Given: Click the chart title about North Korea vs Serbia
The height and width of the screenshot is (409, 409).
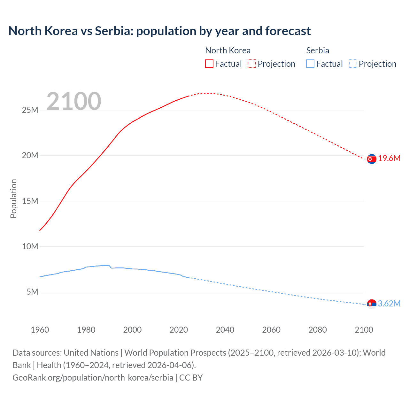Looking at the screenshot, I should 159,31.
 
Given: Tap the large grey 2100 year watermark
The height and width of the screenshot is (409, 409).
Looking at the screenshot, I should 74,101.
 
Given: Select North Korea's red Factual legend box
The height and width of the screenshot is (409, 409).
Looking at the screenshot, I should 209,64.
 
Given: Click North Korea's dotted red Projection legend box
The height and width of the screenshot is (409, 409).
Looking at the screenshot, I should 252,64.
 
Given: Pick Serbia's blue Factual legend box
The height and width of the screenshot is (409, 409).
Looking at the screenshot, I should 310,64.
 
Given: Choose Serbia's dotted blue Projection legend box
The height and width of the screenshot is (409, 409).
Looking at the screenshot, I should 353,64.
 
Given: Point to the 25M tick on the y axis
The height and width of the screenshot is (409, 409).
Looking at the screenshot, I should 30,110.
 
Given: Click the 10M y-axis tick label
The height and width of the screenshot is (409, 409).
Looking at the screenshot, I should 30,246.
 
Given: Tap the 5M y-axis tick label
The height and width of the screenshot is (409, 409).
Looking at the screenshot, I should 32,292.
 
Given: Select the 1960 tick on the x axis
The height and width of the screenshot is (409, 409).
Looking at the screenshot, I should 40,330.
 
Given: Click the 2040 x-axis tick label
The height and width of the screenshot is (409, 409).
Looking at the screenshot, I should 225,330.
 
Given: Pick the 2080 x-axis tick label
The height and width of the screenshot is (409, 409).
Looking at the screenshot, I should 318,330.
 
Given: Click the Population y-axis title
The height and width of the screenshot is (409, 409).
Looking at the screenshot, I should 13,198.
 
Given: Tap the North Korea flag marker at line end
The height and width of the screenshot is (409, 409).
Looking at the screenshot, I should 372,159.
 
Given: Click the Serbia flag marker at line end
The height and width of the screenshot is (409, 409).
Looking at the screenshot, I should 372,304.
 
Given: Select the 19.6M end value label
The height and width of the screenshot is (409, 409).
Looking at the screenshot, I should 389,158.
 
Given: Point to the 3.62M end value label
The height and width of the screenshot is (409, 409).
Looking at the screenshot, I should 389,304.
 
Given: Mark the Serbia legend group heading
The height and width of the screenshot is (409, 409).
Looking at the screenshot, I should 318,50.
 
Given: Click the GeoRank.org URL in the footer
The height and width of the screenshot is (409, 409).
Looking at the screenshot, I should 93,377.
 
